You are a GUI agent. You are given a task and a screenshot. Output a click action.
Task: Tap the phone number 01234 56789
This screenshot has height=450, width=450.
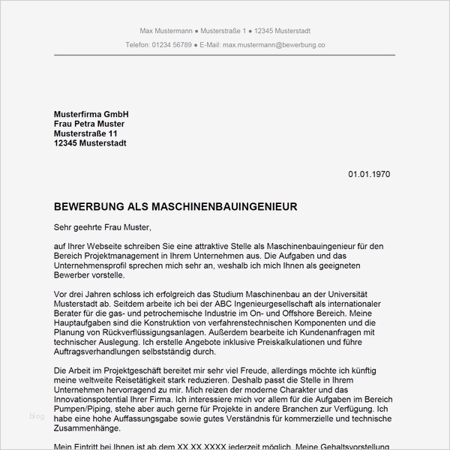tap(169, 45)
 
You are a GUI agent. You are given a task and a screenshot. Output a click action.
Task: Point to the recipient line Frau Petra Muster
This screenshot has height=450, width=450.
tap(89, 123)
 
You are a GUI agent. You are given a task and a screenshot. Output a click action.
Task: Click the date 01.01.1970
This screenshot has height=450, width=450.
tap(369, 174)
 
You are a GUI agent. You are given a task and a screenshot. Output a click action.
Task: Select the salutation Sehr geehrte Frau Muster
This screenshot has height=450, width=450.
tap(103, 225)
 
